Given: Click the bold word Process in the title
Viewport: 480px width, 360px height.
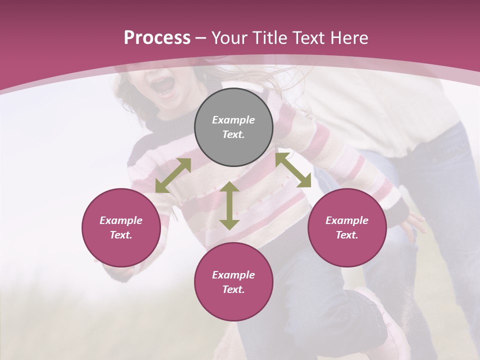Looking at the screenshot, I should [157, 38].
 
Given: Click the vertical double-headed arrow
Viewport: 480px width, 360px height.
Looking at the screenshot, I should [229, 205].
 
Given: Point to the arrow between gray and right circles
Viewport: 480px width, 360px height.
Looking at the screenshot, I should [293, 170].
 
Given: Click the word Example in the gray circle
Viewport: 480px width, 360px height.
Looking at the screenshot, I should [233, 120].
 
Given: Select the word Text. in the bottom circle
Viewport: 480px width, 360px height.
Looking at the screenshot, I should [233, 289].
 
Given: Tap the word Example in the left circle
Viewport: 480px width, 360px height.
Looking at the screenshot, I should [121, 220].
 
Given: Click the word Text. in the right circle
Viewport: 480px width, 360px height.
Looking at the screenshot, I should [347, 235].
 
